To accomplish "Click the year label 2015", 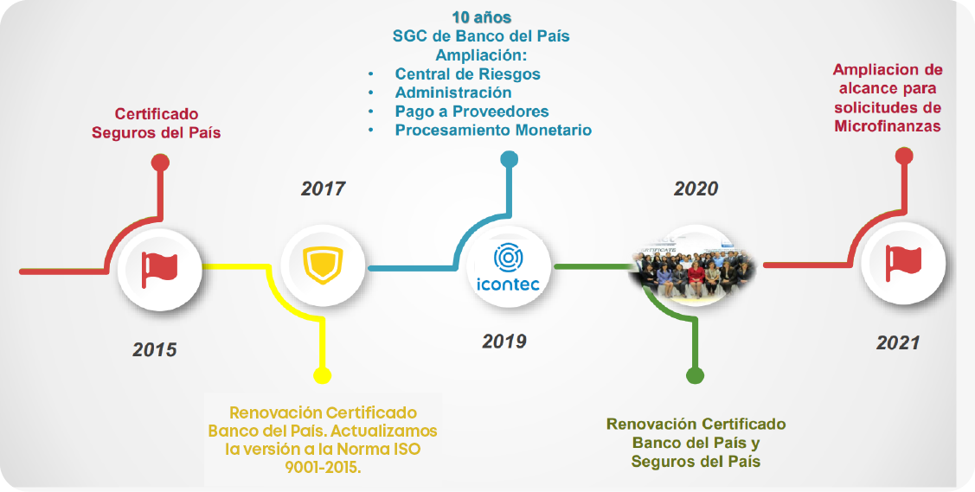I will point(154,349).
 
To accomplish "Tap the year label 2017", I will point(323,188).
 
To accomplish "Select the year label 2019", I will point(504,341).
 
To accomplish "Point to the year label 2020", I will point(696,188).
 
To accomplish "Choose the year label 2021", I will point(897,342).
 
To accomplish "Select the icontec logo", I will point(509,268).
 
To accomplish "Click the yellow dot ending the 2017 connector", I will point(322,375).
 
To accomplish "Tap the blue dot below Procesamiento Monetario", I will point(510,159).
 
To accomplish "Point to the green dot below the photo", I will point(694,375).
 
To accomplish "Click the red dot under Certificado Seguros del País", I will point(159,162).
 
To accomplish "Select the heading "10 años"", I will point(480,17).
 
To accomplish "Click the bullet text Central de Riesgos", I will point(467,73).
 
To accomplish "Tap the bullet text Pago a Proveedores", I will point(471,112).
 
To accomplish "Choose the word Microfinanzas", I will point(888,126).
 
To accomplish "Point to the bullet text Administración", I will point(453,93).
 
